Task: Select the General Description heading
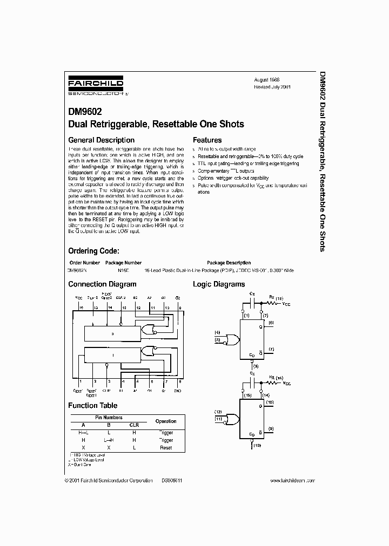coord(101,140)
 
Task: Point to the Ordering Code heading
coord(93,251)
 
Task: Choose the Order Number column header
coord(84,263)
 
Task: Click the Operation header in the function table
coord(166,421)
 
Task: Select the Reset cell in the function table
coord(166,447)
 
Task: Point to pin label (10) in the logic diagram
coord(271,402)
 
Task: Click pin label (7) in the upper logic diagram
coord(271,350)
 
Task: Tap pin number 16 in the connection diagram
coord(81,308)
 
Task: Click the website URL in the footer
coord(291,480)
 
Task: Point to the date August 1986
coord(267,79)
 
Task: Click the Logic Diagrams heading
coord(219,284)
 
